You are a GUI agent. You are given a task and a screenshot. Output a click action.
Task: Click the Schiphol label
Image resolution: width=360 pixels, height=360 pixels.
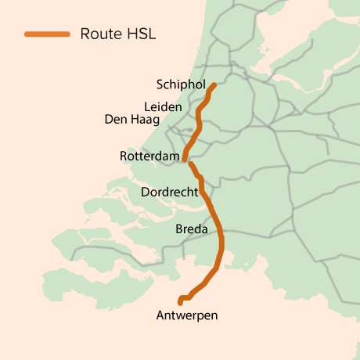pos(181,85)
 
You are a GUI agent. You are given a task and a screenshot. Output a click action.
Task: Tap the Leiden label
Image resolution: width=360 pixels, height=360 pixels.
pos(163,106)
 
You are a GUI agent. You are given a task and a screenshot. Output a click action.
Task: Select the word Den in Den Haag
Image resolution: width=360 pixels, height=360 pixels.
pos(115,120)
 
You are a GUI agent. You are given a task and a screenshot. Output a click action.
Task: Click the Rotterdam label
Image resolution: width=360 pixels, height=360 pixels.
pos(149,157)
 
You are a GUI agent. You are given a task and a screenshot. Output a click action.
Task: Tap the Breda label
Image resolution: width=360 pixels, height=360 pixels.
pos(192,229)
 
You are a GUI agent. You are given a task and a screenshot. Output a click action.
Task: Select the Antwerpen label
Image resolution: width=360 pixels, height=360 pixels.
pos(187,315)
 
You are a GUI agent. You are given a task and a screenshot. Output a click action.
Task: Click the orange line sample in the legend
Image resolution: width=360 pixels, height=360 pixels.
pos(47,34)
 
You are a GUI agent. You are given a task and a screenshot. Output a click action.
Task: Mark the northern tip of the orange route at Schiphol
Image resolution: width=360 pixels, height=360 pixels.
pos(214,85)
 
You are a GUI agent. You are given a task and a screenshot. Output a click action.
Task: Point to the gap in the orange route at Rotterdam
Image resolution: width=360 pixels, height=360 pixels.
pos(187,160)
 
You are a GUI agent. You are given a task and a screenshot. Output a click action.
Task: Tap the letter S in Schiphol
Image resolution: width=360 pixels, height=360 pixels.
pos(160,85)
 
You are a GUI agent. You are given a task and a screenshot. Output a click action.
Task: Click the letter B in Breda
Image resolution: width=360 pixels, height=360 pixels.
pos(179,229)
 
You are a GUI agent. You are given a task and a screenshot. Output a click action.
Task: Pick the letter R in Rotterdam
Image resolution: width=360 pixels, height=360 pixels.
pos(124,157)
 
